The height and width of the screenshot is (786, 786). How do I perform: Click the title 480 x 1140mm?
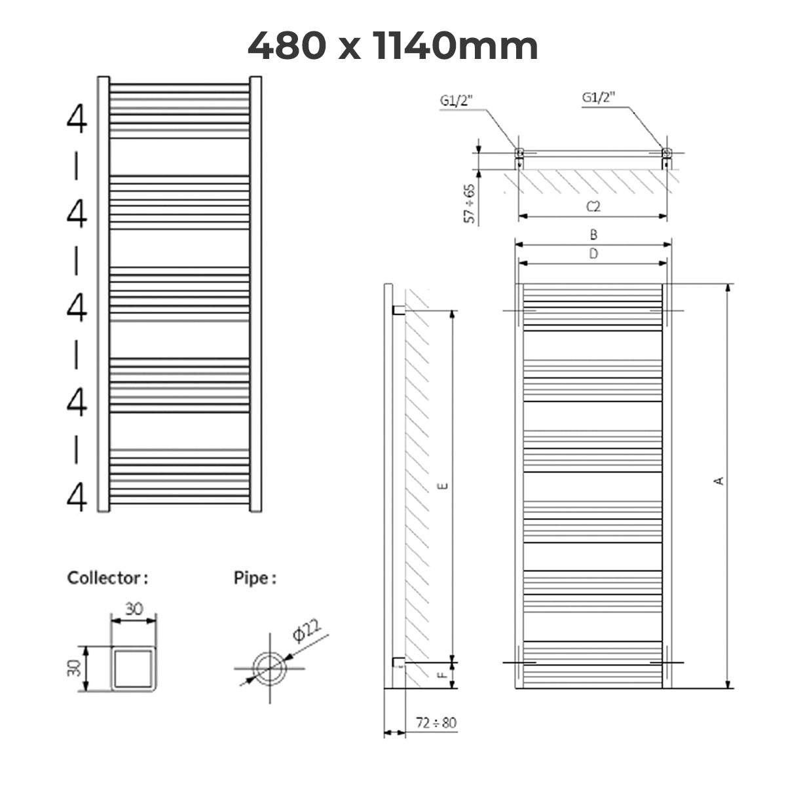393,46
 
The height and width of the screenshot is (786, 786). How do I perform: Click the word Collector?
104,578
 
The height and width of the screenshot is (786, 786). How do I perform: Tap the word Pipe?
252,578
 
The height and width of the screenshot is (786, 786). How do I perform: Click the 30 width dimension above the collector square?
134,609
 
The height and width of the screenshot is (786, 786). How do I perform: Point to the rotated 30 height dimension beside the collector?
75,667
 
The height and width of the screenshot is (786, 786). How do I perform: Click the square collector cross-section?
134,668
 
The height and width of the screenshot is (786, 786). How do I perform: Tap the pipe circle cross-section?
269,669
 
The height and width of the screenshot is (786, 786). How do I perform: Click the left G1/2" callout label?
457,100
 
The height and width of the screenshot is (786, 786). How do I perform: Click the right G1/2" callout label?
599,98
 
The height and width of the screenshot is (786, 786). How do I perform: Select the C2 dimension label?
593,207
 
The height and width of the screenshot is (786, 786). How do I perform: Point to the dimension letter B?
593,234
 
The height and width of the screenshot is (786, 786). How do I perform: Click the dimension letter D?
593,254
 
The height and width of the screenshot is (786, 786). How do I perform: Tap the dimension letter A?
719,481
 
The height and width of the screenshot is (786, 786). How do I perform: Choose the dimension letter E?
443,485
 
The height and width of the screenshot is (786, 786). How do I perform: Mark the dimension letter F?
443,674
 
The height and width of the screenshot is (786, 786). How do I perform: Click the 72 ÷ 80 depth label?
436,723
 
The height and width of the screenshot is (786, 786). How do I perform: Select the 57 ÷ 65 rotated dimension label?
470,204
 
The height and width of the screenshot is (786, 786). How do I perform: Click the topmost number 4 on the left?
77,120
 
